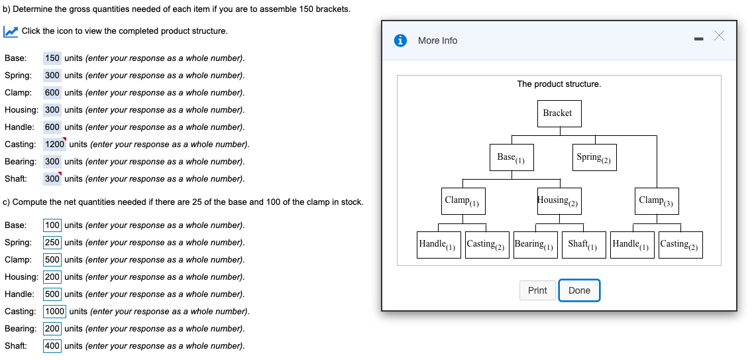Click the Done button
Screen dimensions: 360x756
[x=579, y=290]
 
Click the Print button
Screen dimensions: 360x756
[x=537, y=290]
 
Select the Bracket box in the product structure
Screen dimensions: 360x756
[x=557, y=113]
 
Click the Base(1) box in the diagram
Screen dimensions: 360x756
[x=511, y=157]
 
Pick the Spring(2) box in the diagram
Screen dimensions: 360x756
[x=594, y=157]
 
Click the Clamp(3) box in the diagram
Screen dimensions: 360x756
[x=656, y=201]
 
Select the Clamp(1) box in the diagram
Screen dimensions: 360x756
[x=462, y=201]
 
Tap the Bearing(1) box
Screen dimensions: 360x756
[x=535, y=245]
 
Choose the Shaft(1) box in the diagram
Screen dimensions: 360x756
[x=583, y=245]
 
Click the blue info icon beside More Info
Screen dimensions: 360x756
[x=401, y=40]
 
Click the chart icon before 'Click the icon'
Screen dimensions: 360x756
[x=10, y=32]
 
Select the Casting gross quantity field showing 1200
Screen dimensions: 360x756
[x=54, y=144]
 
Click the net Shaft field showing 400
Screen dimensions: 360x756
[x=52, y=345]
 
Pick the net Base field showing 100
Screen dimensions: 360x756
[x=52, y=225]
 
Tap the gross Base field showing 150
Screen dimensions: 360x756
[x=52, y=58]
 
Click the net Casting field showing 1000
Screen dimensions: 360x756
[x=54, y=311]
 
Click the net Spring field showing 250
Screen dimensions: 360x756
[x=52, y=242]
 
